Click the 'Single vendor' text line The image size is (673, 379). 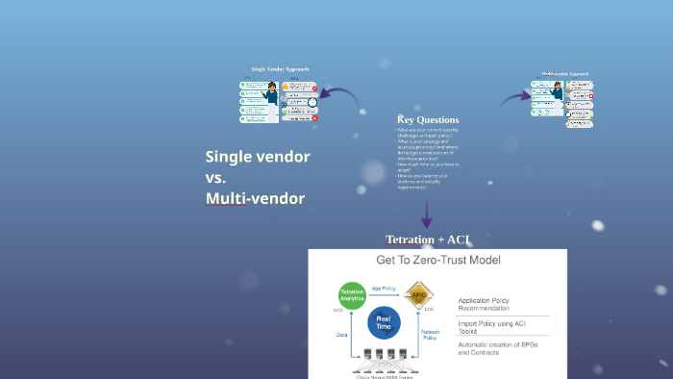click(258, 157)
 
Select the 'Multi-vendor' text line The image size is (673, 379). click(255, 198)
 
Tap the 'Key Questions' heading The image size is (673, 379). click(428, 119)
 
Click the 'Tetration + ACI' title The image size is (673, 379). click(428, 239)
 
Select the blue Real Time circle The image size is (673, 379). click(383, 323)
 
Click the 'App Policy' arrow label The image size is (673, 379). click(384, 288)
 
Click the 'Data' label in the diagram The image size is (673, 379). click(341, 335)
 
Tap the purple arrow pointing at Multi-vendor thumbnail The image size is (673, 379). click(515, 97)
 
